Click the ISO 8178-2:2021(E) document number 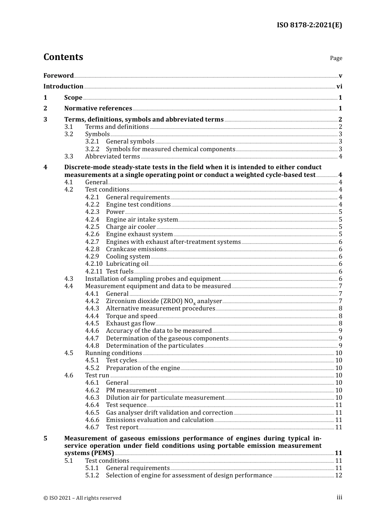(x=309, y=25)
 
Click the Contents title (x=63, y=57)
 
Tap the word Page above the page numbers (x=336, y=58)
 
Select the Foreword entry (x=58, y=75)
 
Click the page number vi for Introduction (x=339, y=87)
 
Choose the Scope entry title (x=73, y=98)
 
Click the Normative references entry (x=98, y=108)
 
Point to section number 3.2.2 (x=92, y=149)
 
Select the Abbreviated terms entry (x=112, y=157)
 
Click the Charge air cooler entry (x=131, y=227)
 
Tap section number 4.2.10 (x=94, y=264)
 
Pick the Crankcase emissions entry (x=136, y=249)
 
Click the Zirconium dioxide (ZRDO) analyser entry (x=164, y=301)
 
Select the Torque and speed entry (x=131, y=316)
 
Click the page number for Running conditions (x=338, y=353)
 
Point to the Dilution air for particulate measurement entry (x=165, y=398)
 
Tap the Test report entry (x=122, y=427)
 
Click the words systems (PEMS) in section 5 (x=89, y=453)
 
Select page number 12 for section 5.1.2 (x=338, y=475)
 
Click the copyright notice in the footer (x=82, y=498)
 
